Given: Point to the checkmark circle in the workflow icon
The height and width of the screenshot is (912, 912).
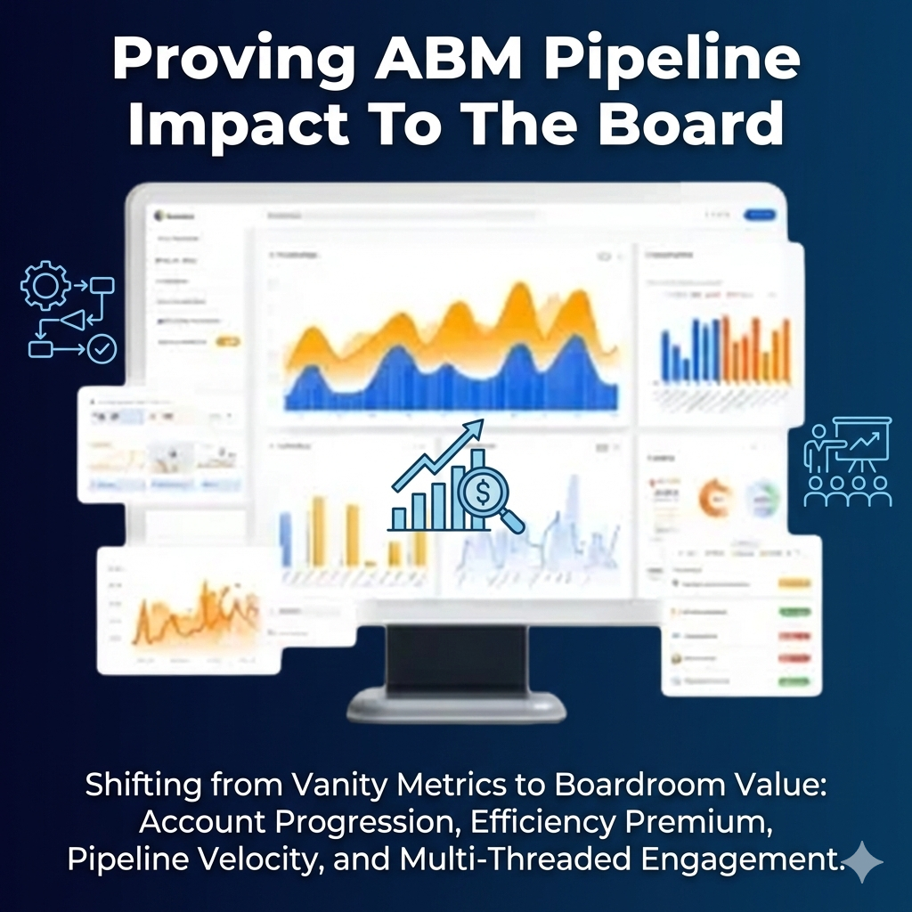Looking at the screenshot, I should click(102, 348).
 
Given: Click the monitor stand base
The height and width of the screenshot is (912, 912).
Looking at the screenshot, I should click(456, 706).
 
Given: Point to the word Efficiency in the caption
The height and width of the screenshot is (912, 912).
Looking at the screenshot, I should click(519, 824).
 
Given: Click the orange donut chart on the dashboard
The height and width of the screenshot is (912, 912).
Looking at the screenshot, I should click(713, 496).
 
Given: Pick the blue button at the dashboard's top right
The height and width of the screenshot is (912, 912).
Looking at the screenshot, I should click(760, 215).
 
